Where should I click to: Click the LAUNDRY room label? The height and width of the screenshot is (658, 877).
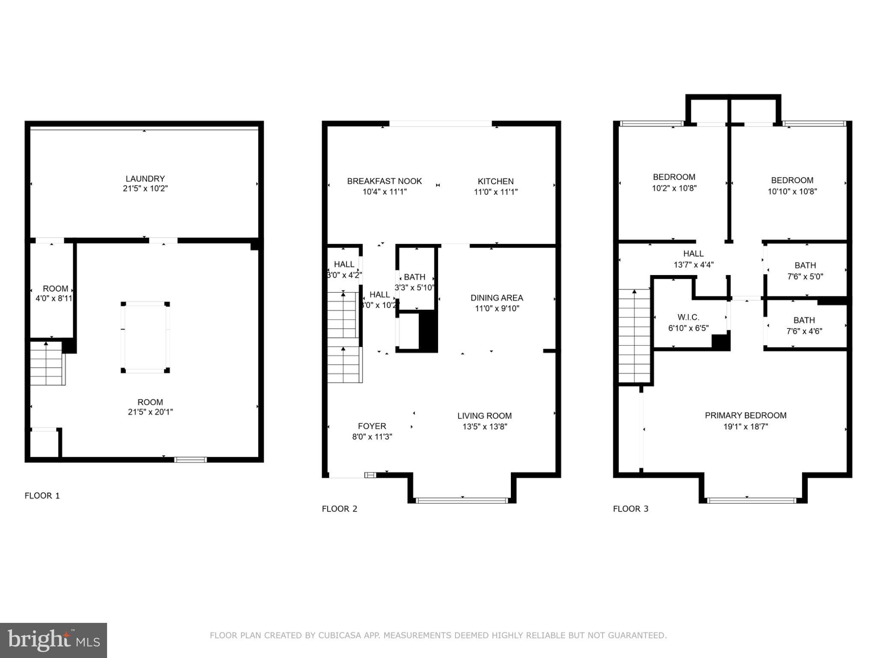tap(145, 179)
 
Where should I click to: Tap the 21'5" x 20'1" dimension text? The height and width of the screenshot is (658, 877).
tap(150, 412)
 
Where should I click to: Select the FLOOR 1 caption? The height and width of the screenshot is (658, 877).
tap(42, 496)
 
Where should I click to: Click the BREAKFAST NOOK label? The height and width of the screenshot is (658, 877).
tap(384, 181)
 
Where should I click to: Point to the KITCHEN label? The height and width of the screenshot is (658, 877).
tap(495, 181)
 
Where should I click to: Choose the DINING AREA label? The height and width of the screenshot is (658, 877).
tap(497, 298)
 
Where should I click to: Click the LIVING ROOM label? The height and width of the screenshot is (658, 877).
tap(484, 416)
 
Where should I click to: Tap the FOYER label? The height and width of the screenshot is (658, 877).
tap(372, 426)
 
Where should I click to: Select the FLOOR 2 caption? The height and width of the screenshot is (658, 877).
tap(339, 508)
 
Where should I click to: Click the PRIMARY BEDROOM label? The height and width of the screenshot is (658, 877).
tap(746, 415)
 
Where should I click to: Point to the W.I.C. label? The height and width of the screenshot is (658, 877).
tap(688, 317)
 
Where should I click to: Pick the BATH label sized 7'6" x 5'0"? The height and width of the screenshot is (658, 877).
tap(805, 266)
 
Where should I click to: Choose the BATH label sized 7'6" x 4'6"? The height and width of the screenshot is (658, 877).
tap(804, 320)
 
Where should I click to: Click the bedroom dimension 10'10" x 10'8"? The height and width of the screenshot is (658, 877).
tap(792, 191)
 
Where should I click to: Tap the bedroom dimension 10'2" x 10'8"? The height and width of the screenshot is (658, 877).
tap(674, 188)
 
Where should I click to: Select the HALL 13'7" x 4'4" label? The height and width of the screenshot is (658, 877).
tap(693, 254)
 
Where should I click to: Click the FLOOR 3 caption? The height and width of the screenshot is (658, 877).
tap(630, 508)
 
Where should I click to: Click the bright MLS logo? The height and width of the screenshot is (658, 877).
tap(54, 640)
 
